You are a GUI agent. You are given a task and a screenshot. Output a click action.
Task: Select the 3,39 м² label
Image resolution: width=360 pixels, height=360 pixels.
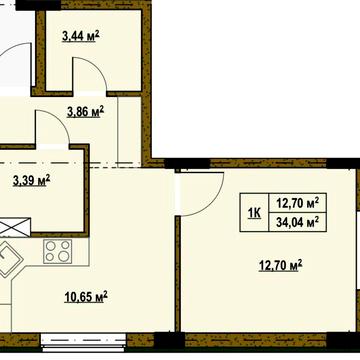point(31,181)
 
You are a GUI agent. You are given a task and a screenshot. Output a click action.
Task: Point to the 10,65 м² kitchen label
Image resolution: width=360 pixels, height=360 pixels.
point(85,296)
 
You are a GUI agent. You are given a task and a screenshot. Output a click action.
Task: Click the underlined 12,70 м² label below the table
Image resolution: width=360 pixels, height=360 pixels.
point(280,265)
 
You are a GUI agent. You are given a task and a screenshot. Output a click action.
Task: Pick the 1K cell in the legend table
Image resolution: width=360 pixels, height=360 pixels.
point(254,212)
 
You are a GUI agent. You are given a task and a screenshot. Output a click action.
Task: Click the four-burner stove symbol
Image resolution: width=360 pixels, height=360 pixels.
point(57,251)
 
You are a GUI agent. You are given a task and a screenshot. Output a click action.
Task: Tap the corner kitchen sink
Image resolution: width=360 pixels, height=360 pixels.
point(9,262)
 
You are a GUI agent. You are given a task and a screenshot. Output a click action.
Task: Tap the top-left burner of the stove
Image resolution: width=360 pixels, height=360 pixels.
point(51,245)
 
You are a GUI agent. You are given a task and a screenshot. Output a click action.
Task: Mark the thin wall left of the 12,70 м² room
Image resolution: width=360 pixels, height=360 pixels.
point(178,260)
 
